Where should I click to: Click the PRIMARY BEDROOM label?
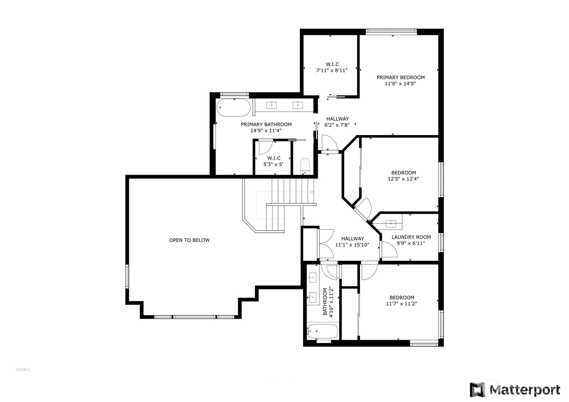(x=401, y=77)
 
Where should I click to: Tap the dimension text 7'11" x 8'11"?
(x=332, y=70)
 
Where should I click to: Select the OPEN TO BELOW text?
(x=189, y=240)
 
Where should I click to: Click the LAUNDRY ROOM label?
(x=411, y=237)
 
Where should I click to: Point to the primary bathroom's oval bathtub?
(x=234, y=107)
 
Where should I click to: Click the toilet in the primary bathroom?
(x=305, y=165)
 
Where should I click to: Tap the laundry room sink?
(x=390, y=224)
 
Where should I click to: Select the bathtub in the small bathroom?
(x=322, y=331)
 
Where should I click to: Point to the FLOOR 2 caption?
(x=23, y=370)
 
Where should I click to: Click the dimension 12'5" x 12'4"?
(x=403, y=179)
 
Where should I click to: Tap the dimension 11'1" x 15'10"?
(x=352, y=245)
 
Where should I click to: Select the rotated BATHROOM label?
(x=325, y=302)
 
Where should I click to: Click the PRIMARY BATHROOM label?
(x=266, y=125)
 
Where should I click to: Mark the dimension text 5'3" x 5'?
(x=273, y=164)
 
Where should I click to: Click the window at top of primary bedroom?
(x=391, y=31)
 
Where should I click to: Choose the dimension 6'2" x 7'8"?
(x=337, y=125)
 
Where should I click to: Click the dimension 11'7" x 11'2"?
(x=401, y=304)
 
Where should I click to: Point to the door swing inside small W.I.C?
(x=266, y=148)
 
